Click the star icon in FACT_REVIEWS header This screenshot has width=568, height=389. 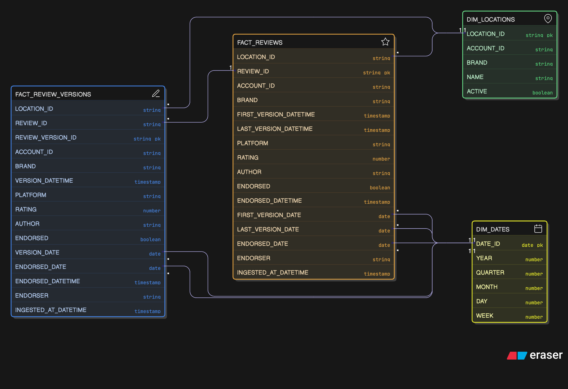pyautogui.click(x=385, y=42)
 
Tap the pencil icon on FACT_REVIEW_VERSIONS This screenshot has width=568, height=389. pyautogui.click(x=156, y=93)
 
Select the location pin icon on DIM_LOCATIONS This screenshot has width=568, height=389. pyautogui.click(x=548, y=19)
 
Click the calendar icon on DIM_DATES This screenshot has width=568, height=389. pyautogui.click(x=538, y=229)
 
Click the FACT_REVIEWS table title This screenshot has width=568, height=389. pyautogui.click(x=260, y=43)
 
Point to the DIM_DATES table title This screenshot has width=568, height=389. pyautogui.click(x=493, y=230)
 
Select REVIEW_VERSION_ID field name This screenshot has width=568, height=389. pyautogui.click(x=46, y=138)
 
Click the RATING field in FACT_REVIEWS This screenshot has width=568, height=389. pyautogui.click(x=247, y=157)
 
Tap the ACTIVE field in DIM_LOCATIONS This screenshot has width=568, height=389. pyautogui.click(x=477, y=91)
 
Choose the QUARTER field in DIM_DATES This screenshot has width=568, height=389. pyautogui.click(x=490, y=273)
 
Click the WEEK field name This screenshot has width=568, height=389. pyautogui.click(x=484, y=316)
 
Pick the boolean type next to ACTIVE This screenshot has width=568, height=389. pyautogui.click(x=542, y=93)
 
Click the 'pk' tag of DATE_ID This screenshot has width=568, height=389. pyautogui.click(x=540, y=245)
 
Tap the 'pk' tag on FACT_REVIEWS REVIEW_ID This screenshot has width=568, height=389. pyautogui.click(x=387, y=73)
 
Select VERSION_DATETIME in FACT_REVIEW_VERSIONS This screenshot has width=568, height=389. pyautogui.click(x=44, y=180)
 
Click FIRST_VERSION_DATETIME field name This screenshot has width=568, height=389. pyautogui.click(x=276, y=115)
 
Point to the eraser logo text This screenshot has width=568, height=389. pyautogui.click(x=546, y=355)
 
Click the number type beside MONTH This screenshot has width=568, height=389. pyautogui.click(x=534, y=288)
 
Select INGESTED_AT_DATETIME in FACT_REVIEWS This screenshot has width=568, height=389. pyautogui.click(x=272, y=273)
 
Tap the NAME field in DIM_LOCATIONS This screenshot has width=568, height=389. pyautogui.click(x=475, y=77)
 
